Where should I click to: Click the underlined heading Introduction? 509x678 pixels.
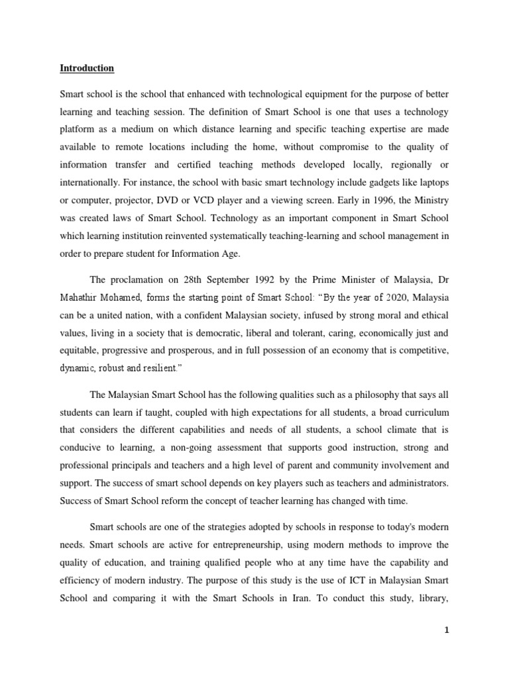(x=87, y=68)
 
